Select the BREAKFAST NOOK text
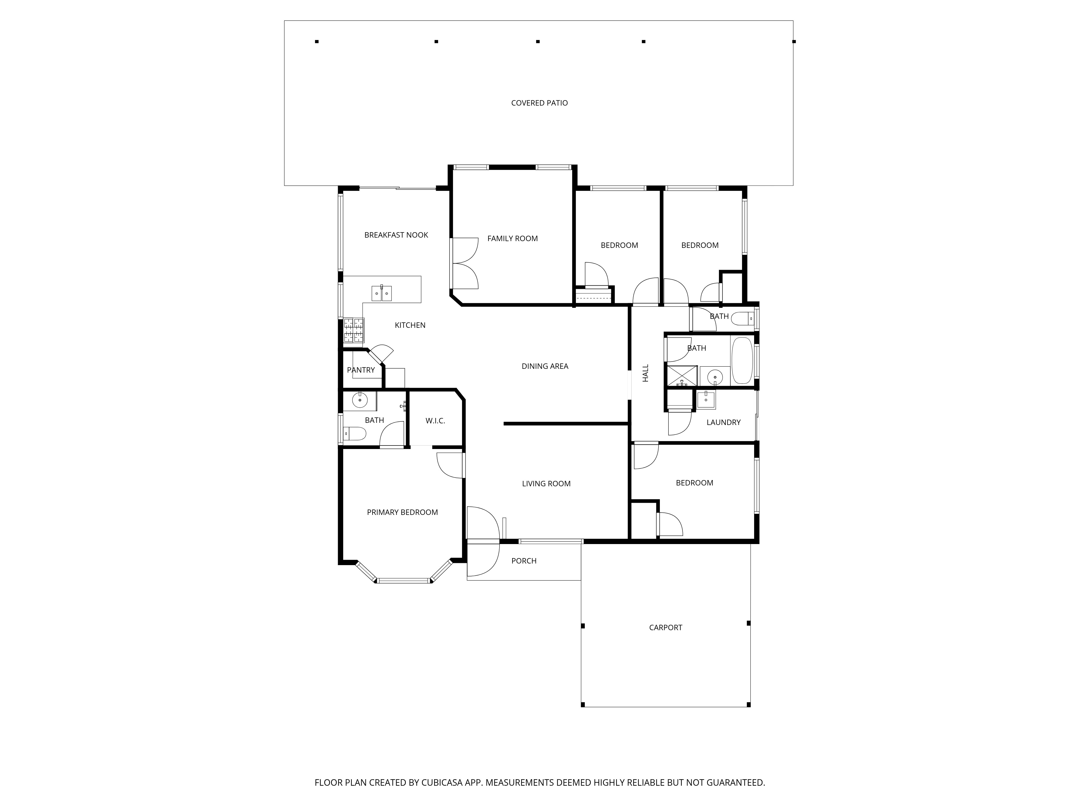[396, 235]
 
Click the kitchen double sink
[381, 293]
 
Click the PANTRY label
[361, 370]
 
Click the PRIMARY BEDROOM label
[402, 512]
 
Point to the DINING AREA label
[545, 366]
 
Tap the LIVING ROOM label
[546, 484]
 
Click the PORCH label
[524, 561]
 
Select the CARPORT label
[666, 627]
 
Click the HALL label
[646, 373]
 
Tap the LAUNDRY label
[724, 422]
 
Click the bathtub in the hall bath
[742, 360]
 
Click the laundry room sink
[706, 400]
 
